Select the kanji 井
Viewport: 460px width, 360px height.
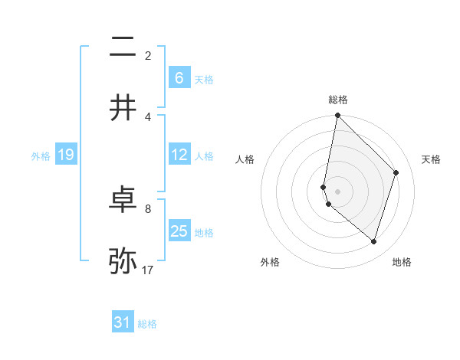tap(123, 108)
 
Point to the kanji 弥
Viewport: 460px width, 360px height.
tap(123, 261)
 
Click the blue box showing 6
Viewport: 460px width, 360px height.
tap(179, 78)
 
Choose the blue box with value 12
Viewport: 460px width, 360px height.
tap(179, 155)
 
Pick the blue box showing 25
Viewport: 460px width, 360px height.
tap(179, 231)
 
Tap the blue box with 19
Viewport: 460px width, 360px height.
tap(66, 155)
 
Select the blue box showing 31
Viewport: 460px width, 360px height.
tap(123, 322)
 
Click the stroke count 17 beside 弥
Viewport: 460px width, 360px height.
tap(149, 270)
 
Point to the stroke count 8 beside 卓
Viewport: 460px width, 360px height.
tap(148, 208)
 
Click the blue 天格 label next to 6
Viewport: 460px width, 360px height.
tap(204, 80)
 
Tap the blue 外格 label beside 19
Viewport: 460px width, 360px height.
tap(41, 156)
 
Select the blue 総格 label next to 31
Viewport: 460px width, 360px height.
tap(147, 324)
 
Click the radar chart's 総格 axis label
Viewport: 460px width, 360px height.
tap(338, 100)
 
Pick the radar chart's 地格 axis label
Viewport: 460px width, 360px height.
tap(402, 263)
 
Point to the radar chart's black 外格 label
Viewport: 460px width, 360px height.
tap(270, 263)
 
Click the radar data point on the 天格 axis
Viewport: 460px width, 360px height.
tap(396, 172)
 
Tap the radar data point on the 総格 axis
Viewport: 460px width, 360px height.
tap(337, 116)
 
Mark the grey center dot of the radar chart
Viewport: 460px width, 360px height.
tap(337, 191)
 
